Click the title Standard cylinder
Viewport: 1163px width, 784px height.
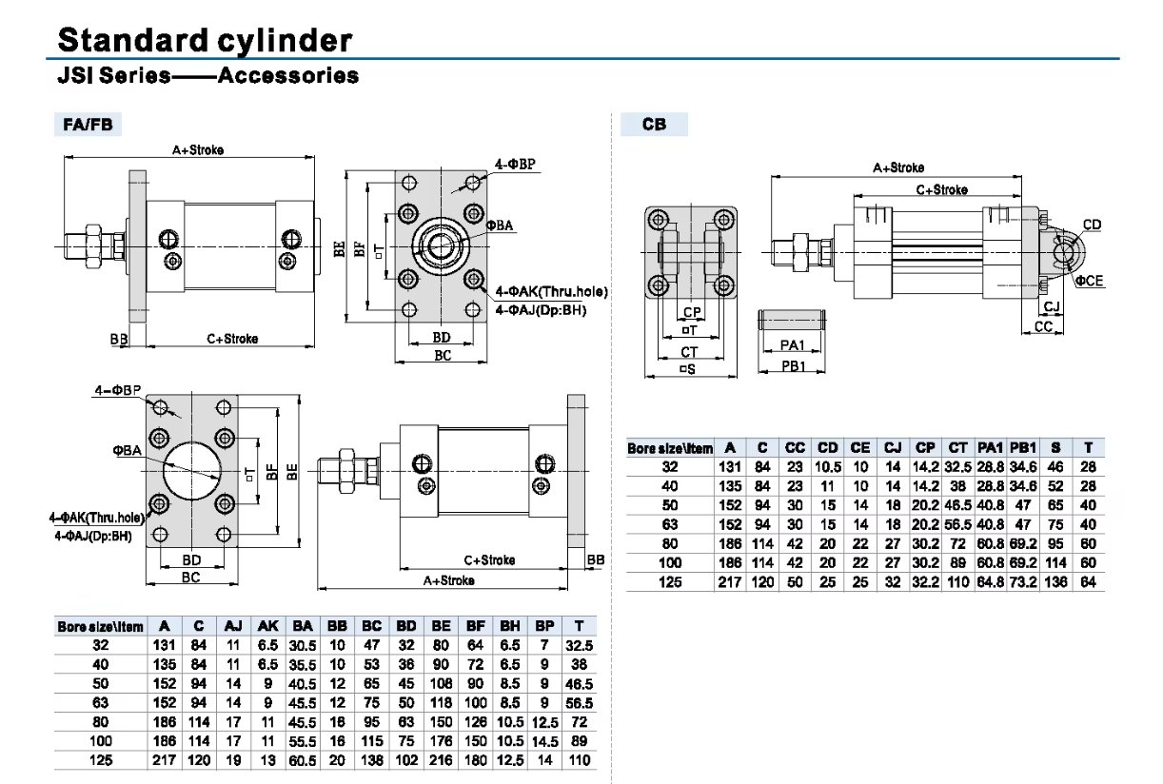pos(205,40)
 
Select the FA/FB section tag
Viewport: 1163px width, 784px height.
pos(86,124)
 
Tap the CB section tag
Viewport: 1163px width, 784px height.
pos(654,124)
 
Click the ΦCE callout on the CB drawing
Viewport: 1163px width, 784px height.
pos(1090,282)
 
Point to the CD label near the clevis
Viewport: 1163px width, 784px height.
pos(1093,225)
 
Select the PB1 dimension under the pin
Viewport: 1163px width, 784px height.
pos(793,366)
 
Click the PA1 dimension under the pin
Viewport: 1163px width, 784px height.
pos(793,344)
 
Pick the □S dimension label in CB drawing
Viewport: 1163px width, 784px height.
pos(686,369)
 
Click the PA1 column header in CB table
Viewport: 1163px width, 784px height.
pos(991,447)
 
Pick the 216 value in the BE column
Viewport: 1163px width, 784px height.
pos(441,760)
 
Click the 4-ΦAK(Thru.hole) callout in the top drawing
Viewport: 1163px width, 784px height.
pos(552,291)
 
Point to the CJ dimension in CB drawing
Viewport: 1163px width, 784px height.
pos(1052,306)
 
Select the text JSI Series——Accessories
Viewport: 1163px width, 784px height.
pos(207,75)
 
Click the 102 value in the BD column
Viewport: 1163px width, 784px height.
pos(406,760)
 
